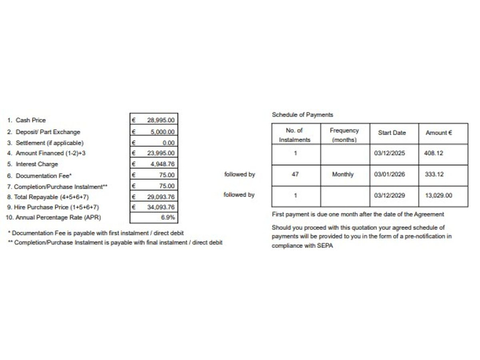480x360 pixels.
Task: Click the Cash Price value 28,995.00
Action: pos(161,120)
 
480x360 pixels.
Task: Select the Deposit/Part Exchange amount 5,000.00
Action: pos(163,131)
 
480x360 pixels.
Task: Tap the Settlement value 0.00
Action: pos(168,143)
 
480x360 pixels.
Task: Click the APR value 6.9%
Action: pos(168,217)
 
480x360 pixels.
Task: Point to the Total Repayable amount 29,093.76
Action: pos(161,196)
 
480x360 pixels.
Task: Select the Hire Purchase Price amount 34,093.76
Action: pos(161,207)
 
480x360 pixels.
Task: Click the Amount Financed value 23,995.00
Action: pos(161,153)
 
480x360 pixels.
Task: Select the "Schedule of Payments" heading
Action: pos(302,115)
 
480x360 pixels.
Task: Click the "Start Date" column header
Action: pos(391,133)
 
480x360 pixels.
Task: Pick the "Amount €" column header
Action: pos(439,133)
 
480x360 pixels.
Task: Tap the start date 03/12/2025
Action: pos(389,153)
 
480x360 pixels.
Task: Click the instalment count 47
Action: pos(295,174)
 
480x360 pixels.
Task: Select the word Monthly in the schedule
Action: pos(342,174)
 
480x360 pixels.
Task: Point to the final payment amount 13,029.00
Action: pos(439,195)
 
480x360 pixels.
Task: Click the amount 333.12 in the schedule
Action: pos(434,174)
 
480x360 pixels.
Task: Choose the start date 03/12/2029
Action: pos(389,195)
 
